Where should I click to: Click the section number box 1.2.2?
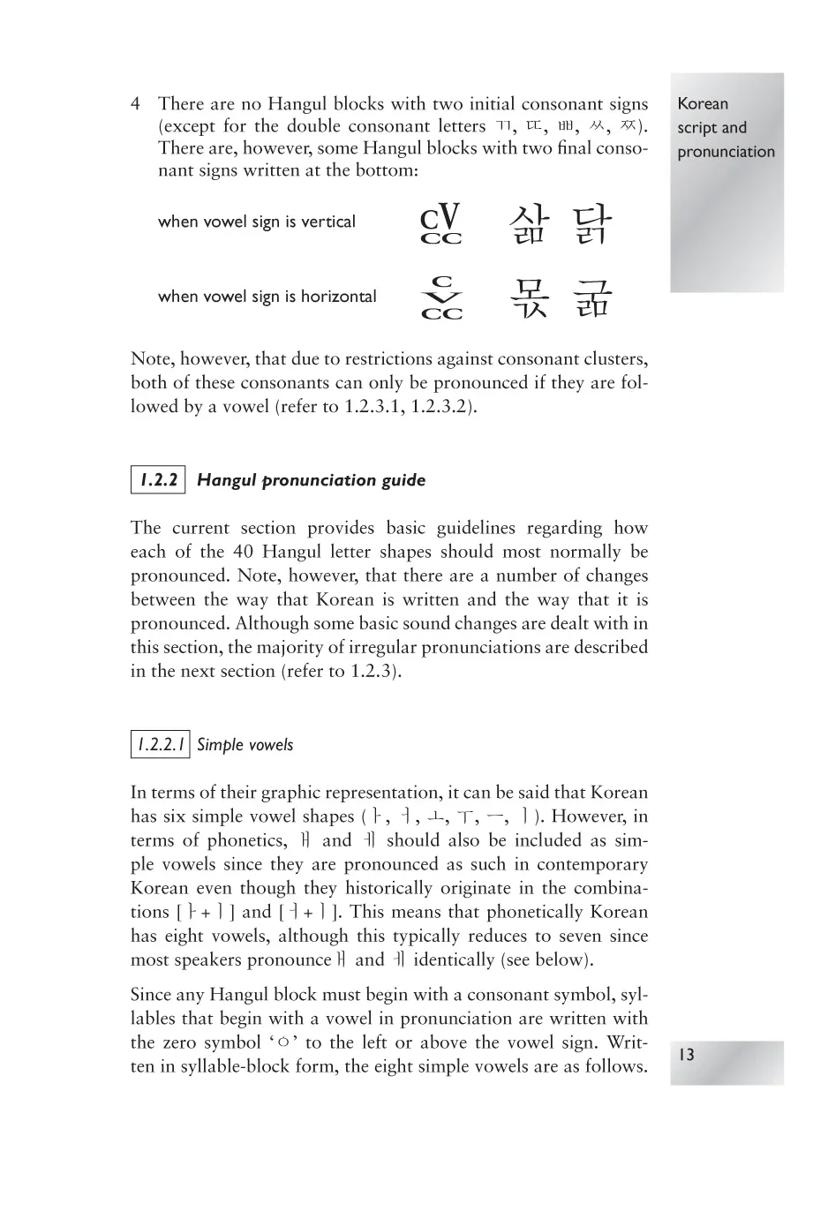158,480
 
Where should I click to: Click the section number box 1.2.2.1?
160,744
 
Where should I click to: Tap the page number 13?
687,1055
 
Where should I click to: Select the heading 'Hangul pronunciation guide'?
311,480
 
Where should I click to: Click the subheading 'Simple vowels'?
245,745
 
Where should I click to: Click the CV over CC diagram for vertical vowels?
441,224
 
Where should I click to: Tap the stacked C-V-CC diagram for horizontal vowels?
441,298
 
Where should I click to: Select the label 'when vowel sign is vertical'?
256,222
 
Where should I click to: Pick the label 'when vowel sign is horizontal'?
267,297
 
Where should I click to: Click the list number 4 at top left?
135,104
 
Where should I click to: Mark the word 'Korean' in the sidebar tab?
703,104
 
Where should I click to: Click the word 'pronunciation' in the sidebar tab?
726,152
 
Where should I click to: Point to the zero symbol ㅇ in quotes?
283,1043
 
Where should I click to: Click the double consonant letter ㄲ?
501,126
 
